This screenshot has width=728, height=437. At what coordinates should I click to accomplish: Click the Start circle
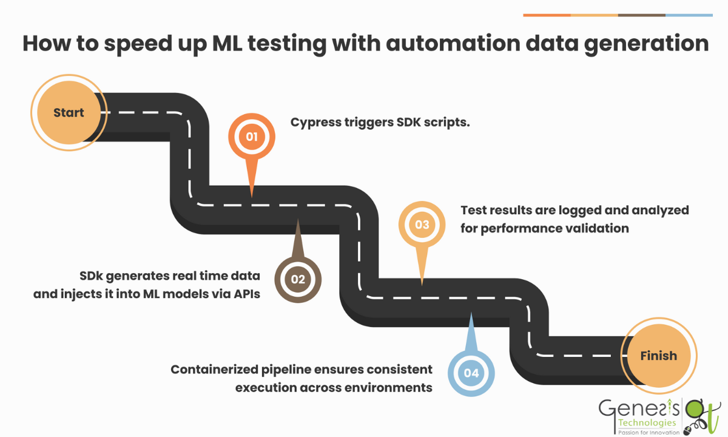(x=69, y=112)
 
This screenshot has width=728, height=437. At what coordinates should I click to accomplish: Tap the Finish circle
(x=658, y=356)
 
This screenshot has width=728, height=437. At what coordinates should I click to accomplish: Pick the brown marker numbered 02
(x=298, y=279)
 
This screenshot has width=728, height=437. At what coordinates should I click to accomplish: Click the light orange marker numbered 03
(x=422, y=225)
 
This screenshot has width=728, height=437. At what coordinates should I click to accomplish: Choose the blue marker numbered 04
(x=471, y=372)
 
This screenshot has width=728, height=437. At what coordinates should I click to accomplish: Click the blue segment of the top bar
(x=689, y=15)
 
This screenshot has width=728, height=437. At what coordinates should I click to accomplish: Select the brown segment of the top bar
(x=641, y=15)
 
